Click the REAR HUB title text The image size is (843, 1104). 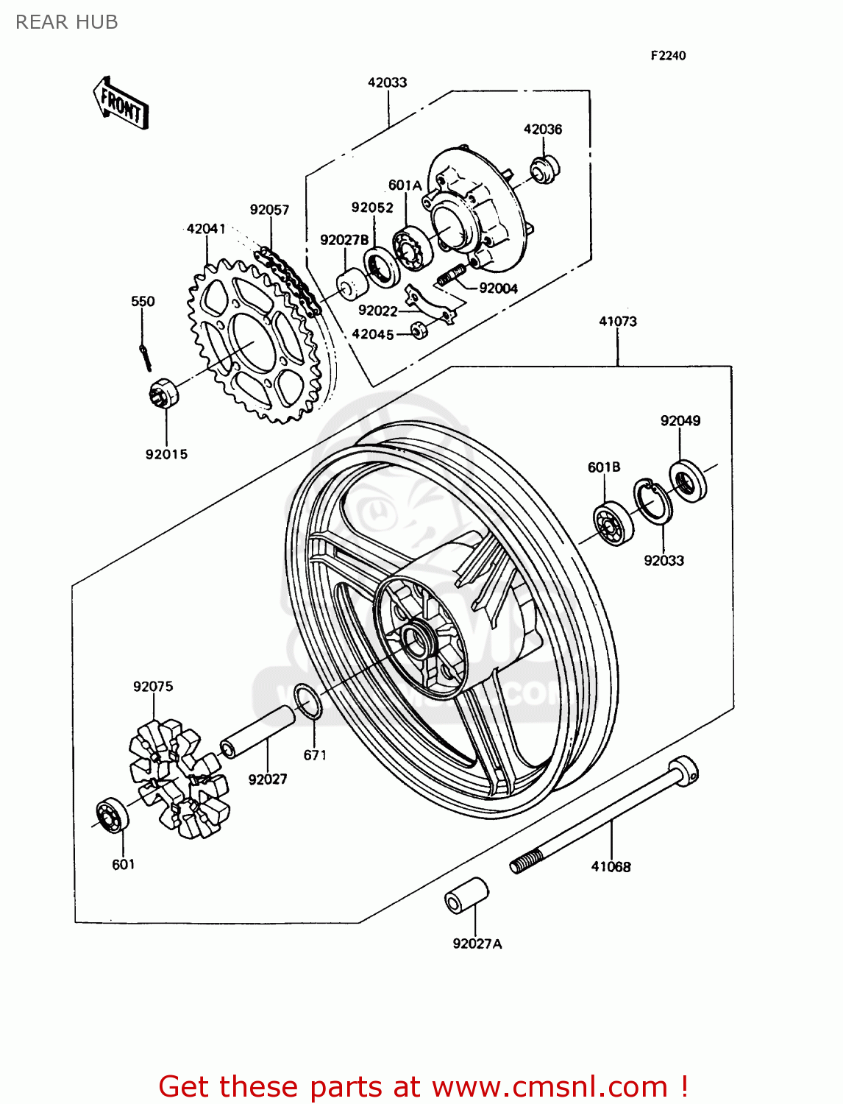pos(67,22)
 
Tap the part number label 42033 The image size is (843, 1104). pos(387,82)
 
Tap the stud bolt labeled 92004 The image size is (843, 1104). pos(451,276)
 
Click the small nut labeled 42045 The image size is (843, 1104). pos(419,330)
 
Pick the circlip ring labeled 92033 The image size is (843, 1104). pos(652,502)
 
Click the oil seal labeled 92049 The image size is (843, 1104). pos(687,481)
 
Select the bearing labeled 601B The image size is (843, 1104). pos(613,524)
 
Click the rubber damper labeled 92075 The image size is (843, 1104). pos(179,779)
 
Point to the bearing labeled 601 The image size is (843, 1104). pos(112,815)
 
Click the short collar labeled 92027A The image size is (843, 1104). pos(467,896)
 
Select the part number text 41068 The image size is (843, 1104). pos(611,867)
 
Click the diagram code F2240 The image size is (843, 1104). pos(667,56)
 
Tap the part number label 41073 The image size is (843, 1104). pos(617,322)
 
